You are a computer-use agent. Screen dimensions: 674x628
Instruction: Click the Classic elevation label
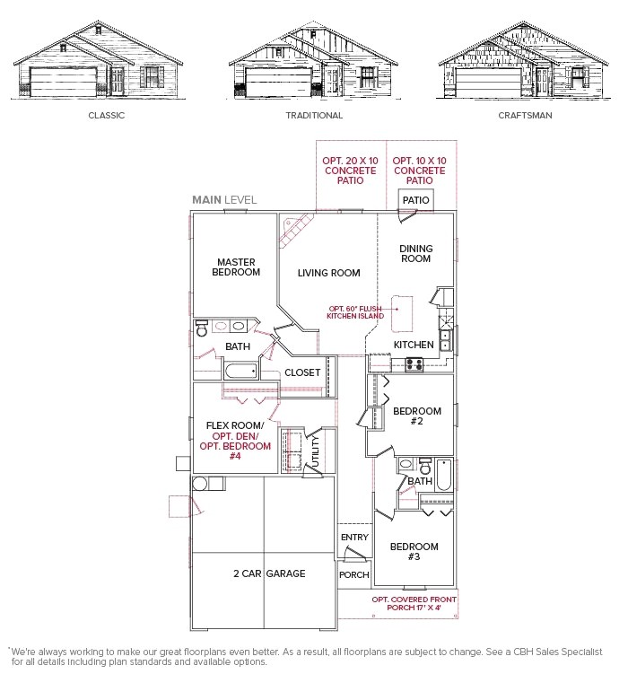pos(107,116)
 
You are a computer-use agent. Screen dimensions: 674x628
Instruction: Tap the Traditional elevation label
pos(314,116)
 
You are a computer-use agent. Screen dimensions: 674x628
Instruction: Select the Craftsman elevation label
pos(525,116)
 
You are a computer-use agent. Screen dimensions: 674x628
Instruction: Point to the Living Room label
pos(328,273)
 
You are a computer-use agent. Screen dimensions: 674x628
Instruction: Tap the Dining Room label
pos(415,254)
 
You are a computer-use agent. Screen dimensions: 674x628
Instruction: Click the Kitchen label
pos(414,345)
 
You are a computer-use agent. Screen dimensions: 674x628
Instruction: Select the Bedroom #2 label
pos(417,416)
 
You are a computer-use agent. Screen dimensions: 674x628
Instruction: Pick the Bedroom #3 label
pos(414,552)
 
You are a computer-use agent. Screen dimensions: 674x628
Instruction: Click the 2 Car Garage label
pos(269,573)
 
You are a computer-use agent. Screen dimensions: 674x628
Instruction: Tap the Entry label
pos(354,538)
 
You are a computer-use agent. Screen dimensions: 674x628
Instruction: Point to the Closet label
pos(302,372)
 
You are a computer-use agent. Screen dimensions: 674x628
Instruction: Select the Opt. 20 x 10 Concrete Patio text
pos(351,171)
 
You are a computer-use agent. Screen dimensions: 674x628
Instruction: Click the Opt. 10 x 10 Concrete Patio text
pos(419,171)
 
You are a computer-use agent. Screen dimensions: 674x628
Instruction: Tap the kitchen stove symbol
pos(416,363)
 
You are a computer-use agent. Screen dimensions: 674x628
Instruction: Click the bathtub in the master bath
pos(240,372)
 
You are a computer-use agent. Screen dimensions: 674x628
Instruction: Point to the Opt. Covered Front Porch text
pos(414,604)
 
